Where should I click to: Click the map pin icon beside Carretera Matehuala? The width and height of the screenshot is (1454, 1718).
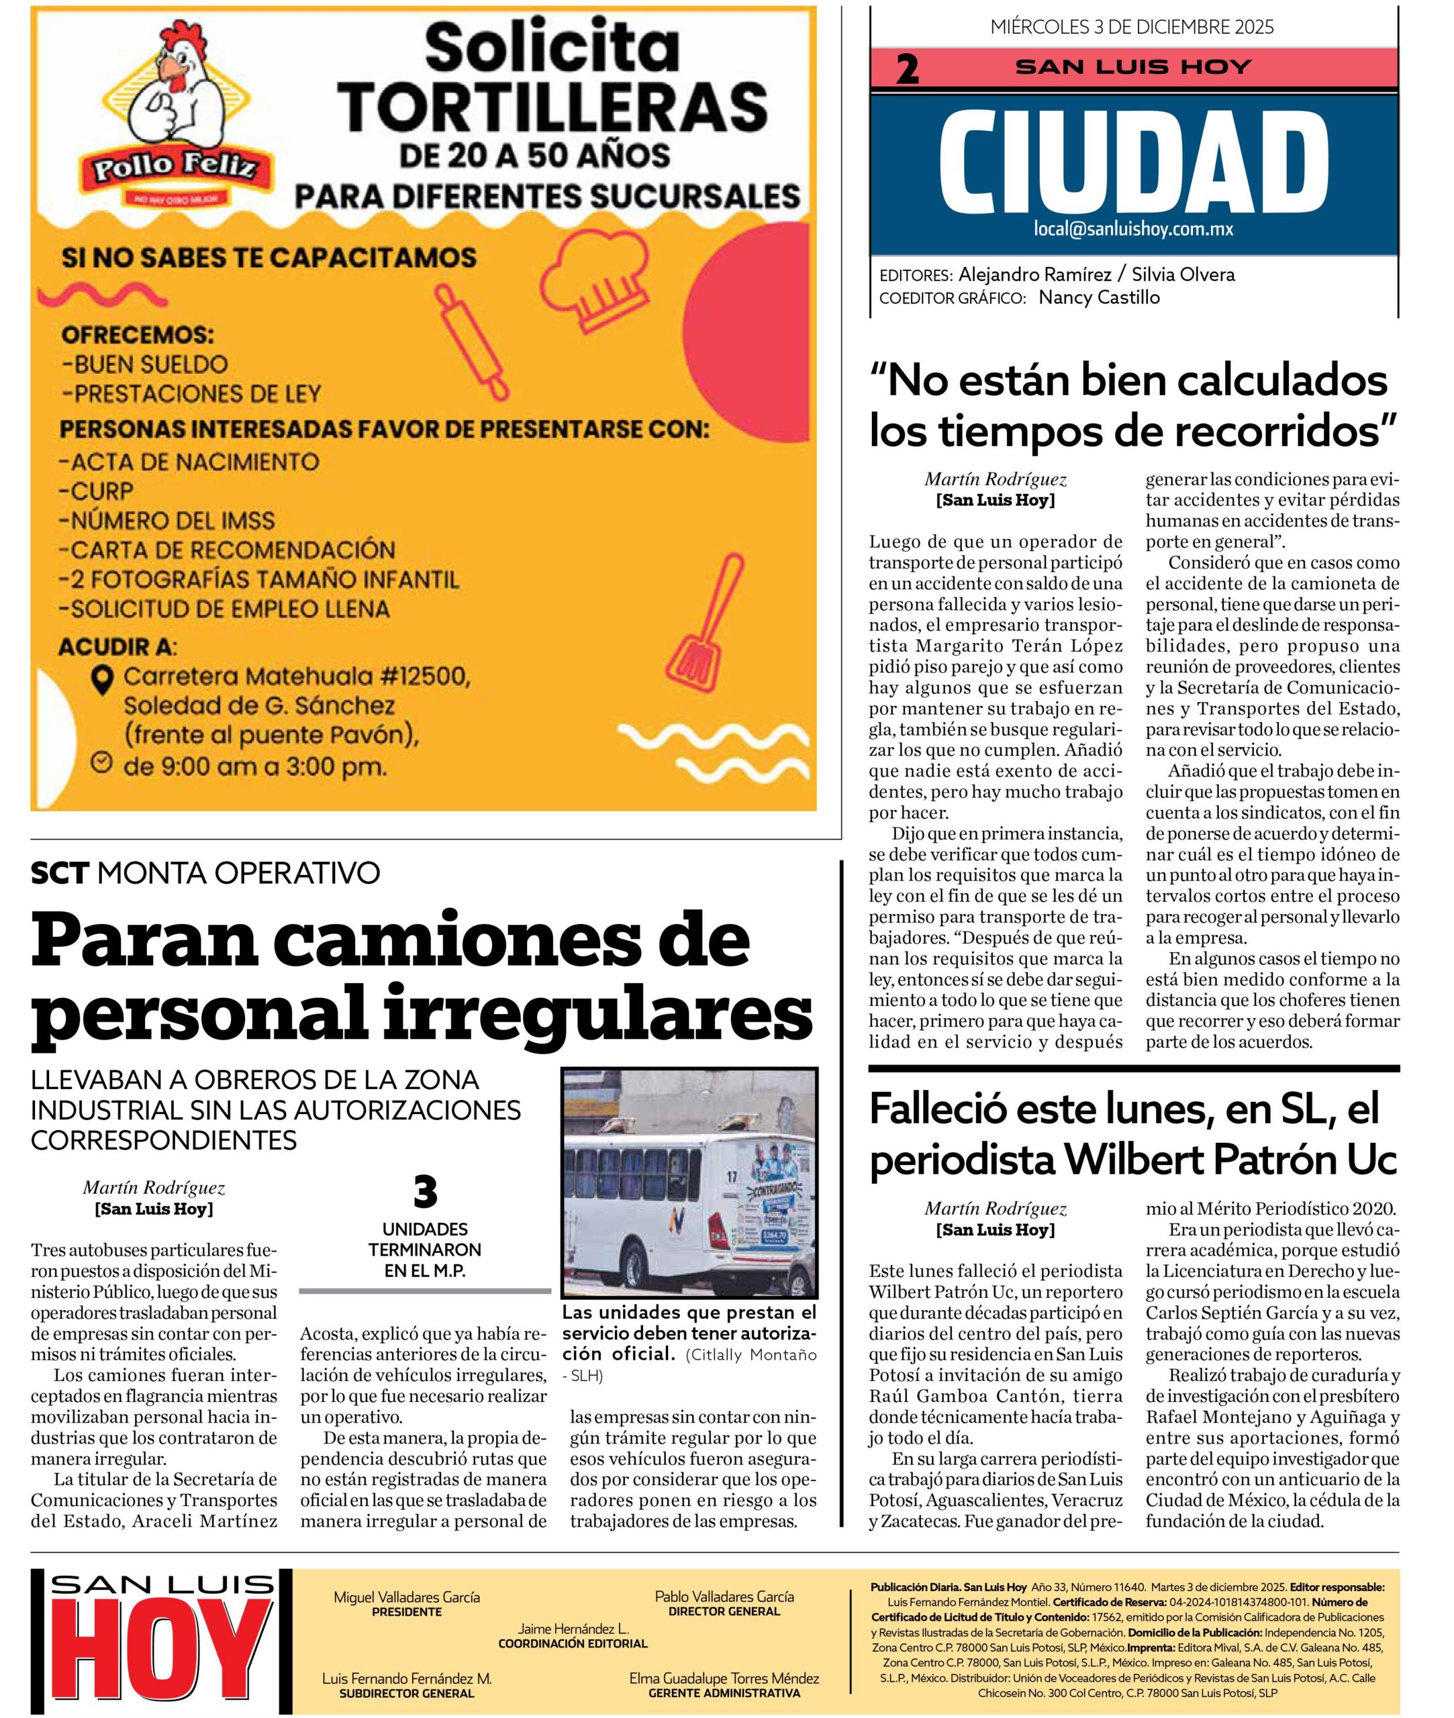point(101,680)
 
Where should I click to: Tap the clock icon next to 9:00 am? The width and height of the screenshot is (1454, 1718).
point(101,763)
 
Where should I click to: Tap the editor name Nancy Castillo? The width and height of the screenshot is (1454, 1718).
point(1099,297)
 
